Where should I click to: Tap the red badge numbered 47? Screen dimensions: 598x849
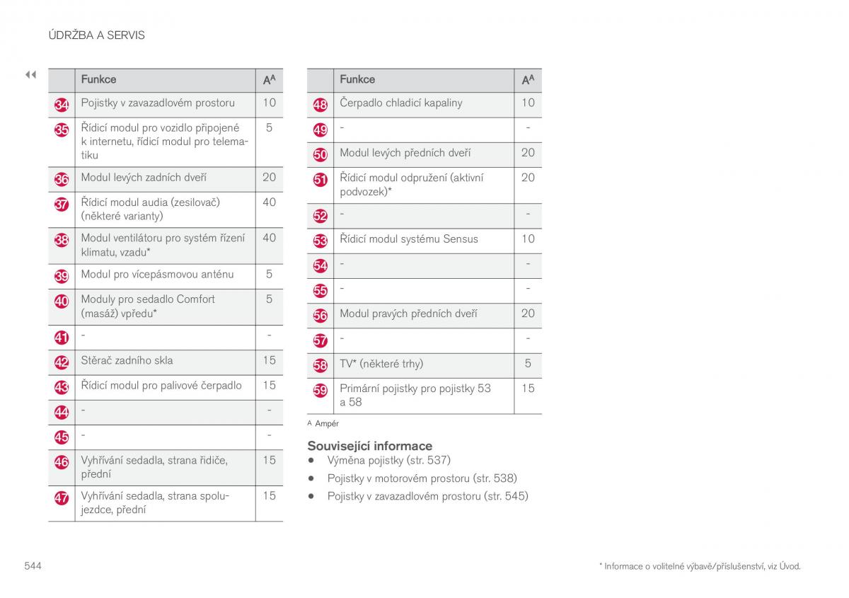[x=62, y=498]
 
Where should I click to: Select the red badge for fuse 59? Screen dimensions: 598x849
[x=320, y=391]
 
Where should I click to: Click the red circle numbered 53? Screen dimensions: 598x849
[x=320, y=241]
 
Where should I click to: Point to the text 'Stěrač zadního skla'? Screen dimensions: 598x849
[x=127, y=360]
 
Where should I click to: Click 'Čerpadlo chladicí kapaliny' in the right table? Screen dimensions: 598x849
[x=400, y=103]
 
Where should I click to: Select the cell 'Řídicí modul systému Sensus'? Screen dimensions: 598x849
[x=408, y=238]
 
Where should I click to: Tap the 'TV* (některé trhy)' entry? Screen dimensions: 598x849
[x=381, y=364]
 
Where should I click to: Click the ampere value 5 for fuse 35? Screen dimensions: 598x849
[x=269, y=128]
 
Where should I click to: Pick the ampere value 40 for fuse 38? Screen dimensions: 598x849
[x=269, y=238]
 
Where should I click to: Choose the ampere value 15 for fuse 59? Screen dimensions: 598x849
[x=528, y=388]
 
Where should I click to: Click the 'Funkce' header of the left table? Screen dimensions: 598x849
[x=98, y=79]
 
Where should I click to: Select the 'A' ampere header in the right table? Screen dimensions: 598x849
[x=528, y=79]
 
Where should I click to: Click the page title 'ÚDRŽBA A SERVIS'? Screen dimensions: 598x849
[x=96, y=35]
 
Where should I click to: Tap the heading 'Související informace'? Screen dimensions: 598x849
[x=369, y=446]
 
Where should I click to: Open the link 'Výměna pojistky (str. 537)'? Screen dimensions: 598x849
[x=388, y=460]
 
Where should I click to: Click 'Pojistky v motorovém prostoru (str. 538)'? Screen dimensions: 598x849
[x=422, y=478]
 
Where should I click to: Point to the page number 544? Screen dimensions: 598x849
[x=33, y=565]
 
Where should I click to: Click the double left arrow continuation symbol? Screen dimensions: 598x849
[x=30, y=74]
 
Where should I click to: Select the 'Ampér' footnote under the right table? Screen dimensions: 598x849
[x=326, y=423]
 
